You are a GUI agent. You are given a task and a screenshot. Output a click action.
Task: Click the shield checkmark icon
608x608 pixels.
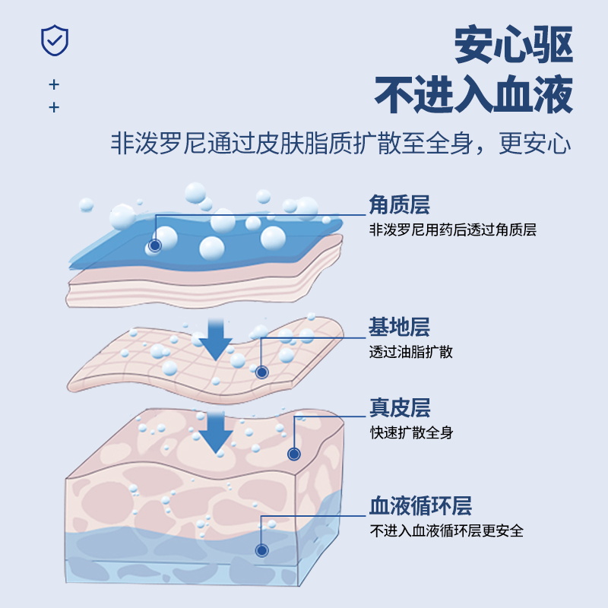pos(54,40)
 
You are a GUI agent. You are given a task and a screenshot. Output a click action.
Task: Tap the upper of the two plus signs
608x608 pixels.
pos(53,84)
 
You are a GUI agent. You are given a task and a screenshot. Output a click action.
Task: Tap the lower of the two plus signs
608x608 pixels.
pos(53,108)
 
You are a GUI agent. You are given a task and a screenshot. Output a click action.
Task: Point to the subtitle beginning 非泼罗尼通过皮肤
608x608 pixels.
pos(340,144)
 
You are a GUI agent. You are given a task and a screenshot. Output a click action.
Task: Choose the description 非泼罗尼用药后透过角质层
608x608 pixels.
pos(452,230)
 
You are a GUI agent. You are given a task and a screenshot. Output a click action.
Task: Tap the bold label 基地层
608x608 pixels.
pos(399,328)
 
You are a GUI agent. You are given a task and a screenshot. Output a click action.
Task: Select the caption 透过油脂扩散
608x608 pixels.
pos(410,352)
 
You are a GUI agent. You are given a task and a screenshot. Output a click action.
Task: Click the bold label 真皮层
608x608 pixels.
pos(399,409)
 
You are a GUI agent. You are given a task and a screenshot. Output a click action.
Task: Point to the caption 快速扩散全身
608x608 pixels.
pos(410,433)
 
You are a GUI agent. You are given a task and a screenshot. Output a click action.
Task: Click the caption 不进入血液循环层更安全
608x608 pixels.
pos(446,531)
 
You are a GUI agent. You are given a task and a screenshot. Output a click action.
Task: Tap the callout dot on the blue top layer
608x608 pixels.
pos(155,245)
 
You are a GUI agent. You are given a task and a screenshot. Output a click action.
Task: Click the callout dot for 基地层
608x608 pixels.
pos(262,372)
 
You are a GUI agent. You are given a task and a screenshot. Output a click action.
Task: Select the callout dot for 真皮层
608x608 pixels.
pos(294,454)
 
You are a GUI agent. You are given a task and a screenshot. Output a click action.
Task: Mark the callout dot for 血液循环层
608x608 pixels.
pos(262,550)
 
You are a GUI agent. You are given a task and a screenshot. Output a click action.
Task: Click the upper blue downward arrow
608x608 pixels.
pos(218,338)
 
